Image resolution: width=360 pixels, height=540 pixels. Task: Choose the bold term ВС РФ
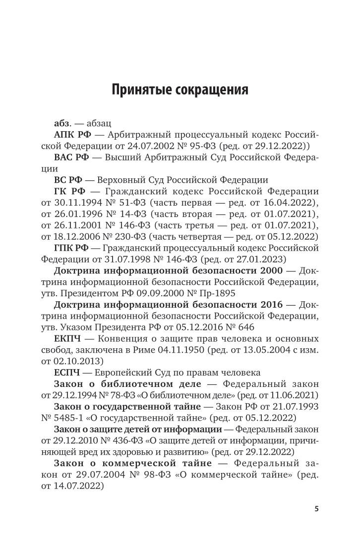click(x=66, y=180)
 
